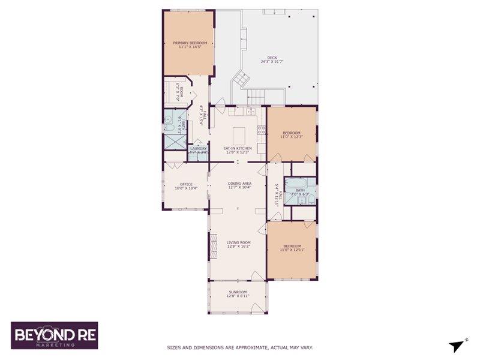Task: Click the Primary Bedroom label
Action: [190, 43]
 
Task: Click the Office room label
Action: [186, 184]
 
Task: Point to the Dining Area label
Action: [239, 183]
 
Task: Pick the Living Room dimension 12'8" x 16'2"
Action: [238, 246]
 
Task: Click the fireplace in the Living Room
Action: [211, 247]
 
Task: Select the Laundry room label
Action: [199, 148]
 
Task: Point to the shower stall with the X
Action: [175, 143]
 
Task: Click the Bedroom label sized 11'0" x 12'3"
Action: [292, 133]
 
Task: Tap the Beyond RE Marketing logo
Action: [54, 335]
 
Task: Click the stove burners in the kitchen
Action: [261, 129]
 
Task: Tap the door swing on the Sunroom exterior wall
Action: [259, 307]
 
